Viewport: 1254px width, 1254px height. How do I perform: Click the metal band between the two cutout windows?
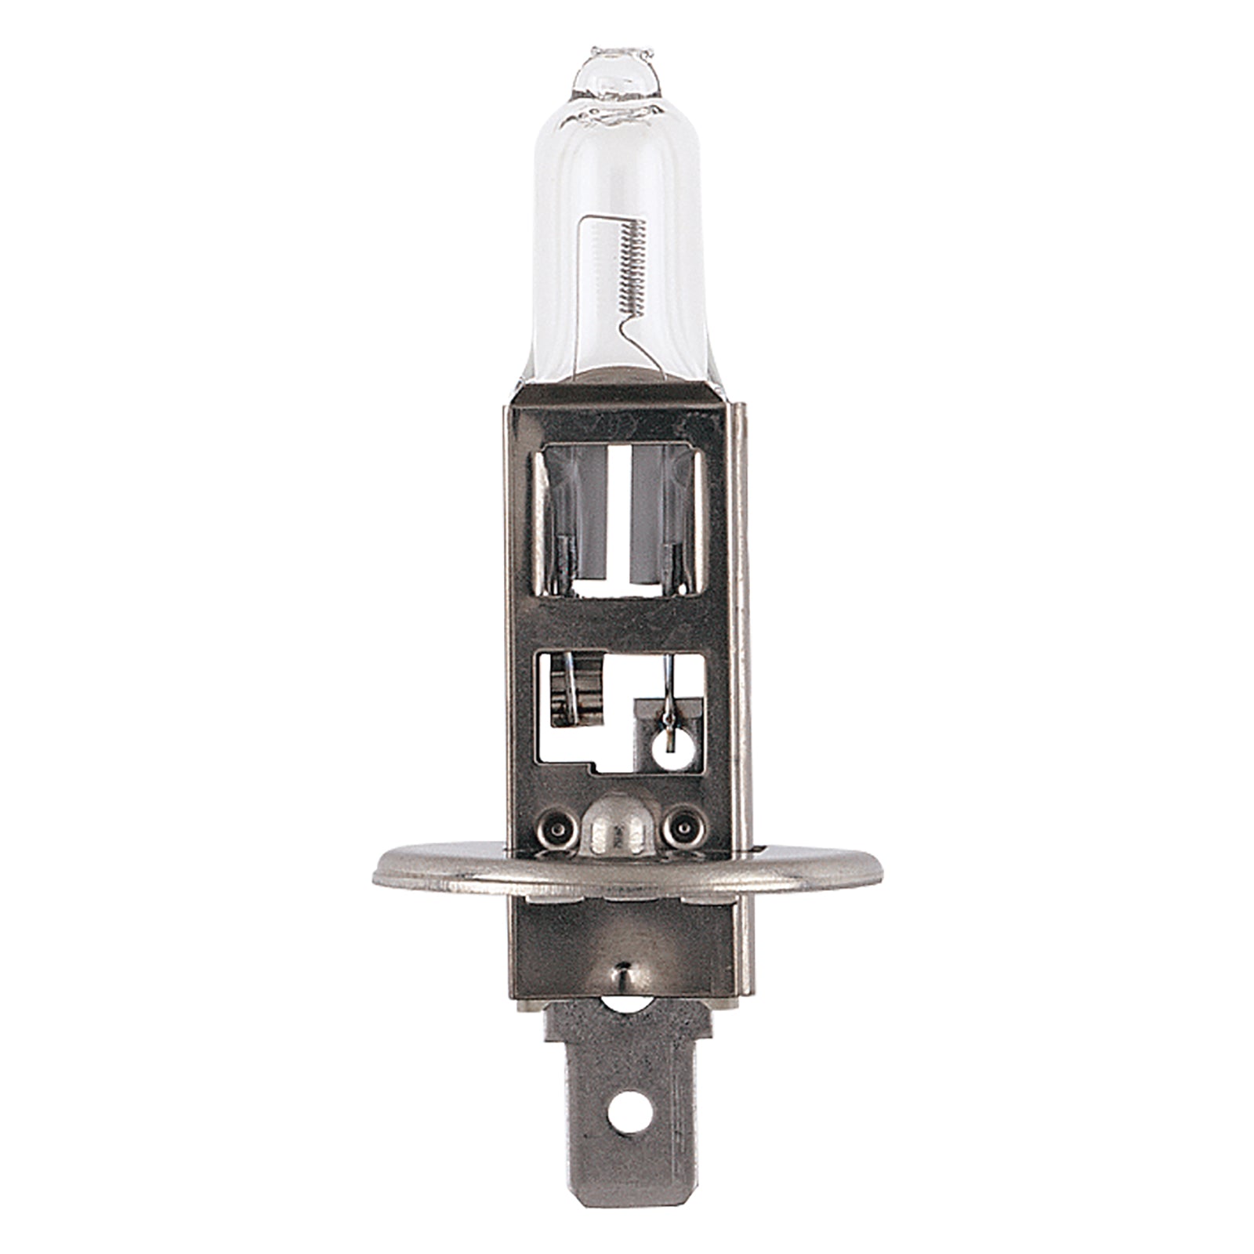pyautogui.click(x=619, y=623)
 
